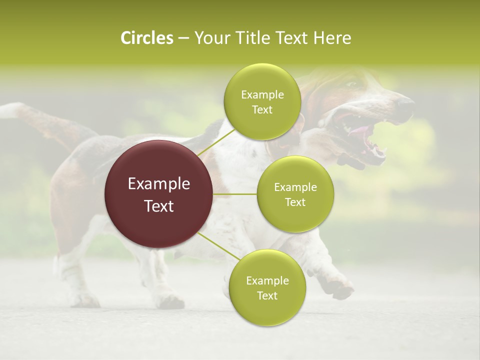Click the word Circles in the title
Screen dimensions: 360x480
click(146, 38)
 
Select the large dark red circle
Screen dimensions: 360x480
click(159, 194)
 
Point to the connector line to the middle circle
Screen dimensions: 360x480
click(234, 194)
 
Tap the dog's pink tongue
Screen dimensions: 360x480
click(359, 131)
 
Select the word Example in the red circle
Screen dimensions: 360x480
click(159, 184)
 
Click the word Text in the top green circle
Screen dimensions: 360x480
click(262, 110)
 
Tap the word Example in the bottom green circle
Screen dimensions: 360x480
click(267, 281)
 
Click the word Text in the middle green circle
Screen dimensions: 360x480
click(295, 202)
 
